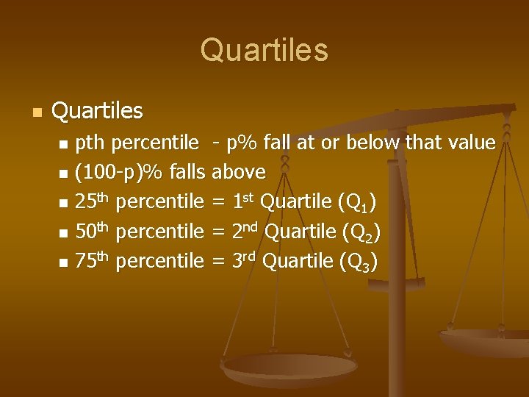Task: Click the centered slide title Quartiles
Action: (x=264, y=50)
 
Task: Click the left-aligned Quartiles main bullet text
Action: (x=98, y=111)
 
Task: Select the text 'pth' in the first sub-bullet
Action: (x=90, y=143)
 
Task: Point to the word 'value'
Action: (x=470, y=142)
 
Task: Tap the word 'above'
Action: (x=239, y=172)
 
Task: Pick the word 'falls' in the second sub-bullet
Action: (x=187, y=172)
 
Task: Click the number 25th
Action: (x=93, y=201)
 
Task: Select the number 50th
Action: (x=93, y=231)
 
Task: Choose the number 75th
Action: (x=93, y=260)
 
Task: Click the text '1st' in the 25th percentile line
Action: (x=243, y=201)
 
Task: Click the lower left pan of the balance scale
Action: (x=289, y=368)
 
